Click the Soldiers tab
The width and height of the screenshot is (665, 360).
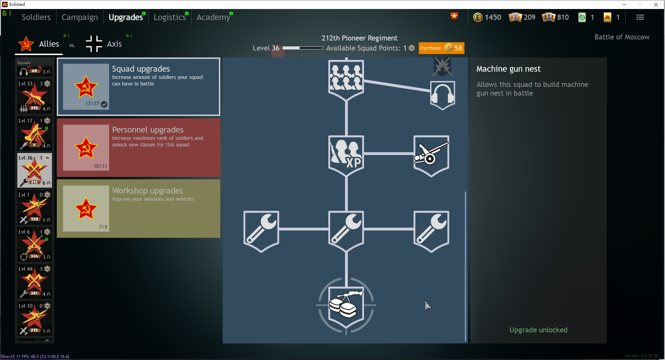tap(36, 17)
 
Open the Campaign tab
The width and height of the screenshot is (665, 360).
tap(80, 17)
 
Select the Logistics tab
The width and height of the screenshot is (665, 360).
tap(170, 17)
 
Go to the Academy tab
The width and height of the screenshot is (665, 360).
tap(213, 17)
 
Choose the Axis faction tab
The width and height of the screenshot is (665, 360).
tap(104, 44)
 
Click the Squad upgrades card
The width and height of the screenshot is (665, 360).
tap(139, 87)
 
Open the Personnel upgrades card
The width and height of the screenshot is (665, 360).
tap(139, 147)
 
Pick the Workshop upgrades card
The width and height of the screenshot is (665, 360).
tap(139, 208)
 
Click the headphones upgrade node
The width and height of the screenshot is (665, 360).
tap(442, 95)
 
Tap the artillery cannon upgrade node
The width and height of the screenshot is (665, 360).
tap(431, 155)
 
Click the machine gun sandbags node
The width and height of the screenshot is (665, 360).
tap(346, 306)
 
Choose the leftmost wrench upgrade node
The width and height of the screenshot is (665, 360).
tap(261, 230)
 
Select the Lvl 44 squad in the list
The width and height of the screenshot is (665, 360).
tap(35, 281)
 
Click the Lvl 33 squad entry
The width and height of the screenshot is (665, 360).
tap(35, 96)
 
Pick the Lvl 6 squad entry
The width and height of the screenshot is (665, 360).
tap(35, 244)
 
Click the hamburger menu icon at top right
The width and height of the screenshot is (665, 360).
tap(640, 17)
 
